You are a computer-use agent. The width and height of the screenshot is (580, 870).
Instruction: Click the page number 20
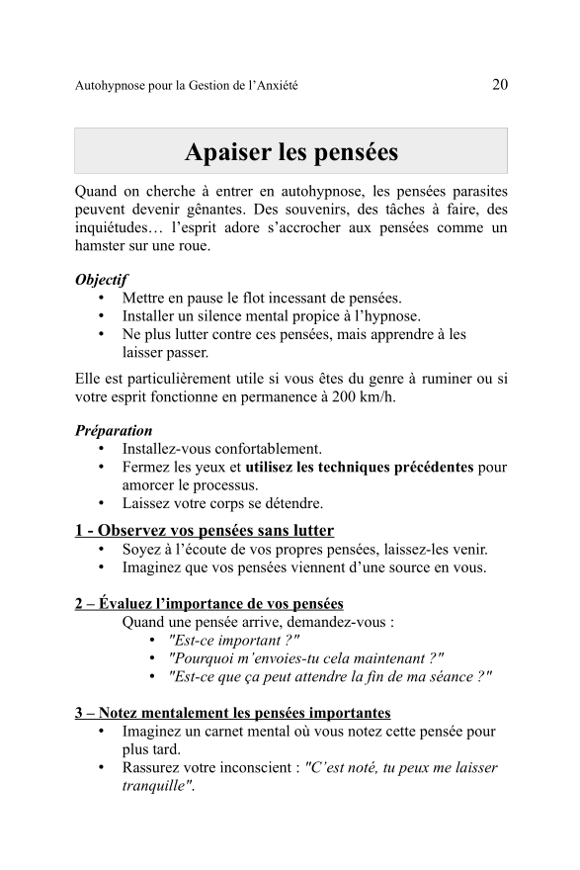(499, 84)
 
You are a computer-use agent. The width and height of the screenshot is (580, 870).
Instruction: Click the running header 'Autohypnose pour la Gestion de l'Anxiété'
(187, 86)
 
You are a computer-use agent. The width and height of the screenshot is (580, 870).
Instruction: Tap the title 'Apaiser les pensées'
(291, 152)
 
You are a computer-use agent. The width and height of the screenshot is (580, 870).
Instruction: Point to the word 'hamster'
(103, 245)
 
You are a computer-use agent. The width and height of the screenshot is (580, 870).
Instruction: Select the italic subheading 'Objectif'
(101, 280)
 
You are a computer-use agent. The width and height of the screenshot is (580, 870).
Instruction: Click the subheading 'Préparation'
(114, 430)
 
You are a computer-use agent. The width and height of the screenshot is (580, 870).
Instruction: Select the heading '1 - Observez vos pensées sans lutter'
(205, 531)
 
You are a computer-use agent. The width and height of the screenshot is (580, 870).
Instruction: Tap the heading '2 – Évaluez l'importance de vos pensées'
(209, 603)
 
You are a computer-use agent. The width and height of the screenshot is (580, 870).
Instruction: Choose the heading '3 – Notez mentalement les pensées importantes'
(232, 713)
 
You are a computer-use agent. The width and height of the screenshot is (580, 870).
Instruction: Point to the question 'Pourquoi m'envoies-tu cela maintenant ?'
(306, 657)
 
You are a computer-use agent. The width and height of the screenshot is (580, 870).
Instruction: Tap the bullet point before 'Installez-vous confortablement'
(102, 449)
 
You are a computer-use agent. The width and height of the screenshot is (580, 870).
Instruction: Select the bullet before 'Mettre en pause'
(102, 299)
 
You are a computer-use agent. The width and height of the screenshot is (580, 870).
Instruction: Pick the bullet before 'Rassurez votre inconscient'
(102, 768)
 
